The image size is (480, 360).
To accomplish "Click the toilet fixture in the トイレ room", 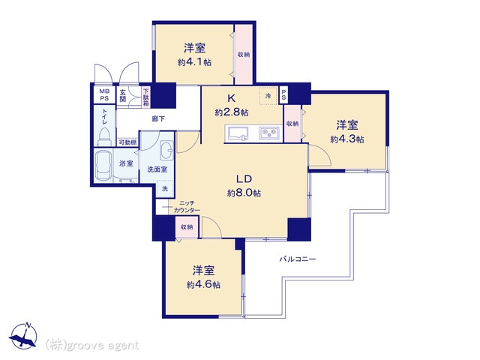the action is [x=103, y=136].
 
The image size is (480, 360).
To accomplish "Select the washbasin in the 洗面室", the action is [x=166, y=150].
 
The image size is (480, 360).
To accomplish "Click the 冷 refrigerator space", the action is [x=268, y=96].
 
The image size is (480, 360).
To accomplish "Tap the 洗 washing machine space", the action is [x=165, y=189].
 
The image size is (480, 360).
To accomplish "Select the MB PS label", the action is [x=104, y=95].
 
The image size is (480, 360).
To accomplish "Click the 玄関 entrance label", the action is [x=123, y=96].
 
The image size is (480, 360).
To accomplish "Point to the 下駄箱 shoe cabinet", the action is [x=146, y=97].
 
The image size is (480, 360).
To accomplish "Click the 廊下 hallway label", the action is [x=158, y=118].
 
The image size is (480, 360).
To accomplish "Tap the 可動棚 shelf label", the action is [x=127, y=142].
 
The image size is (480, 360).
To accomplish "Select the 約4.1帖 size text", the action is [x=195, y=62].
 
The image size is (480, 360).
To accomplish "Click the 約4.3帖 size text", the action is [x=347, y=139].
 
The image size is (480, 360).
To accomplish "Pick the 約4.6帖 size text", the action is [x=203, y=285].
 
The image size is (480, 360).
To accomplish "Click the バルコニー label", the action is [x=298, y=259].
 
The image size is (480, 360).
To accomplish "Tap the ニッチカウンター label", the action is [x=187, y=207].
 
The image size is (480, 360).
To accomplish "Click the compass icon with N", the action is [x=23, y=336].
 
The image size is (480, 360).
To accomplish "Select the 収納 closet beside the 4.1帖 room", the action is [x=244, y=54].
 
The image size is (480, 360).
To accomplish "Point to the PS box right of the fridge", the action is [x=283, y=95].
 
